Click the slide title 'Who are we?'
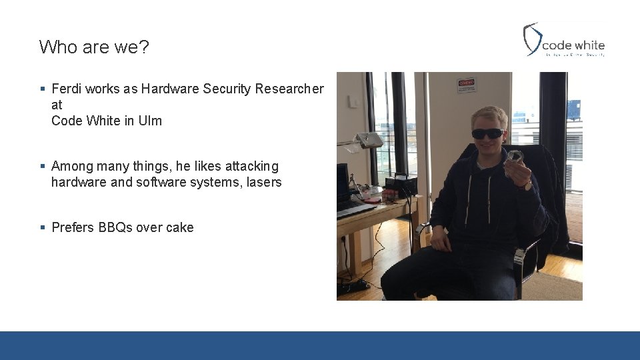[94, 47]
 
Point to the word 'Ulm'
[151, 121]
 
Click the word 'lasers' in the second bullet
[263, 182]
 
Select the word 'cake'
[179, 227]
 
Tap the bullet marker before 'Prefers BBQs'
[43, 227]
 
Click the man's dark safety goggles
[487, 133]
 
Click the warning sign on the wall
[466, 85]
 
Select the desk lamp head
[369, 140]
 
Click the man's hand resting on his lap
[441, 239]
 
